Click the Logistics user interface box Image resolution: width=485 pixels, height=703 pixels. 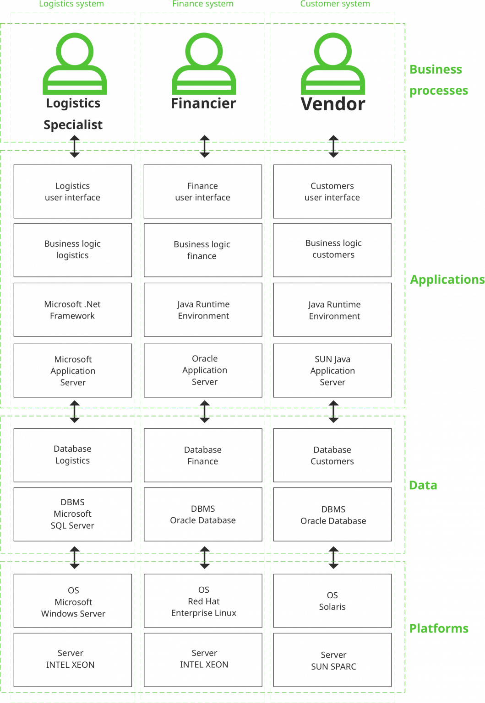tap(73, 192)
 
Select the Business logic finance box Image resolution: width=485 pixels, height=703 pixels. tap(203, 250)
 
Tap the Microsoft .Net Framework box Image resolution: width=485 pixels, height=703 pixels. tap(73, 310)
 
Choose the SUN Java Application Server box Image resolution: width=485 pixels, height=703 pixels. tap(332, 371)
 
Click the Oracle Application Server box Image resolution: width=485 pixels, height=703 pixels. tap(203, 370)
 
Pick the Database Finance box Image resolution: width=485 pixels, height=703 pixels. tap(203, 455)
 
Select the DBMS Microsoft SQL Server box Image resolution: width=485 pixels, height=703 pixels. tap(73, 514)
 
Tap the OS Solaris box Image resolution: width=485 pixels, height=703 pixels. tap(332, 601)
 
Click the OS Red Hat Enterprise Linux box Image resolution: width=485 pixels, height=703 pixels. tap(203, 601)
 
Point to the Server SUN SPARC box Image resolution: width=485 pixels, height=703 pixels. tap(332, 660)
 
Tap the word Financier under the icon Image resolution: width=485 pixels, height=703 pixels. tap(204, 103)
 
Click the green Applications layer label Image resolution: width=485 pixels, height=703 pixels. tap(447, 280)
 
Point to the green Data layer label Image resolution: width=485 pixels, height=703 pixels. tap(423, 485)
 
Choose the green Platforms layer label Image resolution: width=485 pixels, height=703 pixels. tap(438, 628)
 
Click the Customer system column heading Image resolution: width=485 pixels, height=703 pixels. tap(335, 4)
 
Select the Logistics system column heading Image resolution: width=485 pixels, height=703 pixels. tap(71, 4)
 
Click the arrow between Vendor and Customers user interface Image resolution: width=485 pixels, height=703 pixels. tap(334, 146)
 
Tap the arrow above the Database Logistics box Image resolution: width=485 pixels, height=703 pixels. tap(75, 412)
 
